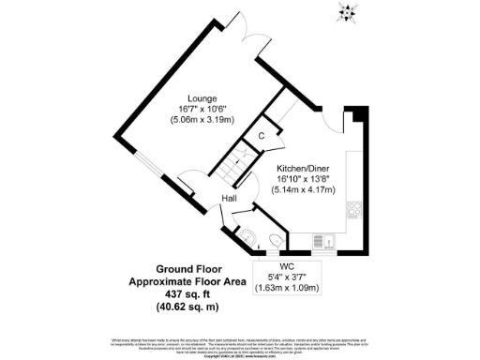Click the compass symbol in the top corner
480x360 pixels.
349,12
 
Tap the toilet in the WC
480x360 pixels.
273,243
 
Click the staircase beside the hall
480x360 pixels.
234,172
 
